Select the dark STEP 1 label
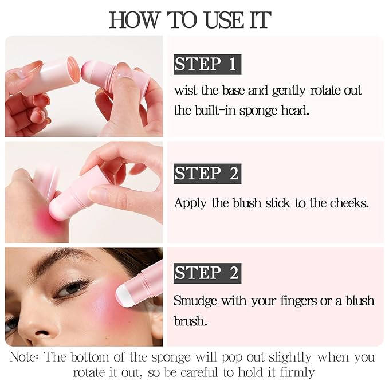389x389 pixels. pos(206,64)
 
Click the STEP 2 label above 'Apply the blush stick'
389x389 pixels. pos(206,173)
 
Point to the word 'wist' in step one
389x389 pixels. pos(186,91)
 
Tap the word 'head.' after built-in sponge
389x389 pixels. pos(293,110)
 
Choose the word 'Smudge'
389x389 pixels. pos(195,301)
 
